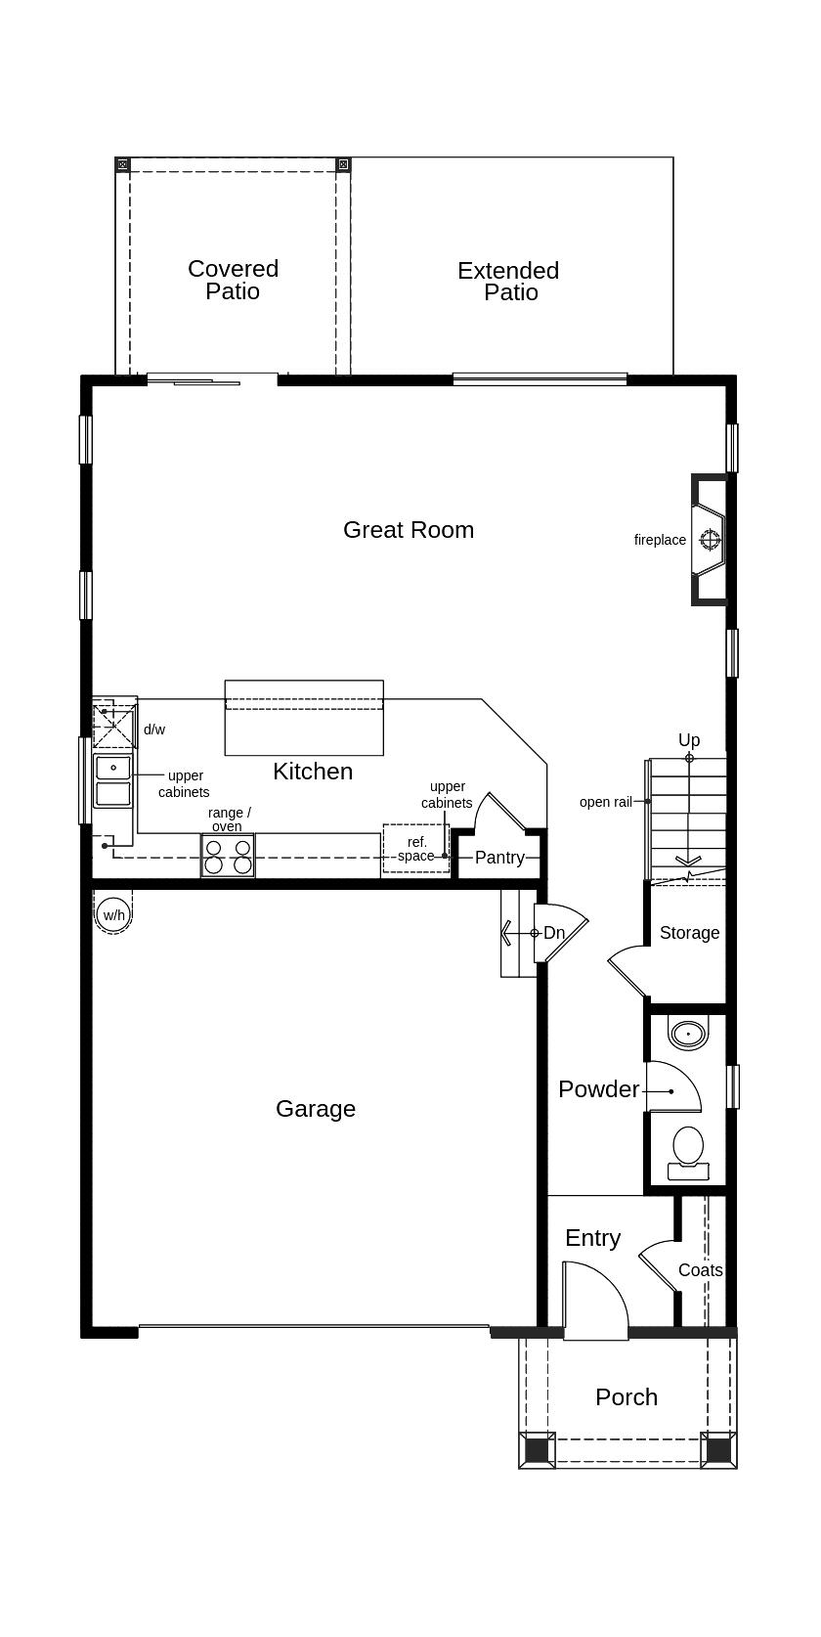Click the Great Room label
click(x=409, y=530)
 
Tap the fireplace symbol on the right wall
click(x=710, y=539)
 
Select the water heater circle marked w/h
click(x=113, y=915)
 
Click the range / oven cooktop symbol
click(x=227, y=856)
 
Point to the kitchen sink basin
click(x=113, y=779)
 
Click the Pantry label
click(x=499, y=858)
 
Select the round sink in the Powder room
click(x=688, y=1033)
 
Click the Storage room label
click(x=689, y=933)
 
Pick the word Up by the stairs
click(x=689, y=740)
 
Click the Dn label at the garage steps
click(x=554, y=933)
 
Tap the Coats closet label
click(x=701, y=1270)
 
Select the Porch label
click(x=627, y=1397)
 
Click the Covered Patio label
click(x=233, y=280)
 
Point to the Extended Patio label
click(x=508, y=282)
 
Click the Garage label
click(x=316, y=1109)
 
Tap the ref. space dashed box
click(x=416, y=849)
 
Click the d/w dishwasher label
click(x=154, y=730)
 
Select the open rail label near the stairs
click(x=606, y=802)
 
